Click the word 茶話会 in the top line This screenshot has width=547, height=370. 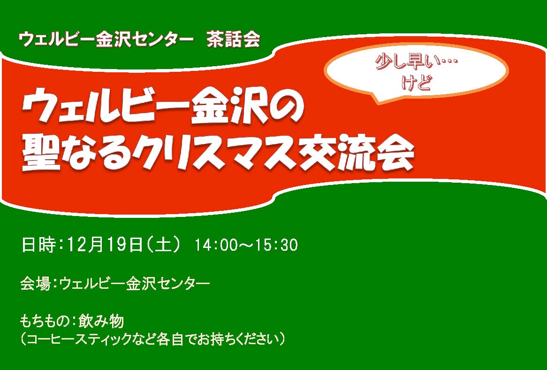(233, 39)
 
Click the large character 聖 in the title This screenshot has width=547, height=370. (41, 153)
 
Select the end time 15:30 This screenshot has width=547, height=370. (277, 245)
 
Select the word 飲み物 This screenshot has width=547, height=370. (101, 321)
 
